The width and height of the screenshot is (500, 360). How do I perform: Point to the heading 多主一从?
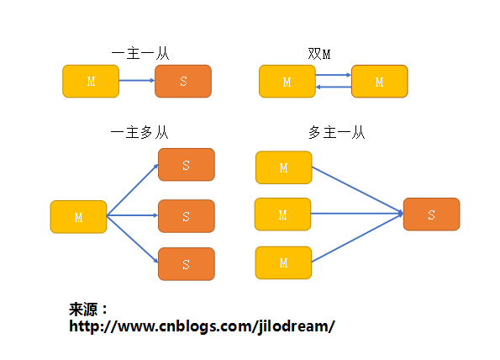pyautogui.click(x=336, y=132)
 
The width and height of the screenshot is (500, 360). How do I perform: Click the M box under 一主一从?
pyautogui.click(x=91, y=81)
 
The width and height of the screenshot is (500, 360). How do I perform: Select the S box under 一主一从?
pyautogui.click(x=183, y=81)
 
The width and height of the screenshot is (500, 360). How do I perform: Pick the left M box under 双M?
pyautogui.click(x=287, y=82)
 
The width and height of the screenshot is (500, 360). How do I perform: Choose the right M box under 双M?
pyautogui.click(x=379, y=82)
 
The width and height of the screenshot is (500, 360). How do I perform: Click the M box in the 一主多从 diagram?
pyautogui.click(x=78, y=217)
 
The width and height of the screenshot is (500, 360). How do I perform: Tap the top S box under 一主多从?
pyautogui.click(x=187, y=165)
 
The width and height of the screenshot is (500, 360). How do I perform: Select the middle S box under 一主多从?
pyautogui.click(x=187, y=216)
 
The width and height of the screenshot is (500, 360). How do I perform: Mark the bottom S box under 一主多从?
pyautogui.click(x=187, y=264)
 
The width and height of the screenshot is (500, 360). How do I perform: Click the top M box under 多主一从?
pyautogui.click(x=283, y=167)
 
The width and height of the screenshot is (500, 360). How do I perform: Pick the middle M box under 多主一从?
pyautogui.click(x=282, y=214)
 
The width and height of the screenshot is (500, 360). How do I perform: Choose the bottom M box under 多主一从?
pyautogui.click(x=283, y=262)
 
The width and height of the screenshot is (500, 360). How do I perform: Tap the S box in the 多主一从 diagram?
pyautogui.click(x=431, y=214)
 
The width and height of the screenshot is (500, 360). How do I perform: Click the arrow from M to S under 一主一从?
pyautogui.click(x=137, y=81)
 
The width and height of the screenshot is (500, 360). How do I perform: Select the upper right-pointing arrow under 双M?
pyautogui.click(x=333, y=76)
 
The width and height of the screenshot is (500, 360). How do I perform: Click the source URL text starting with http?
pyautogui.click(x=202, y=326)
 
